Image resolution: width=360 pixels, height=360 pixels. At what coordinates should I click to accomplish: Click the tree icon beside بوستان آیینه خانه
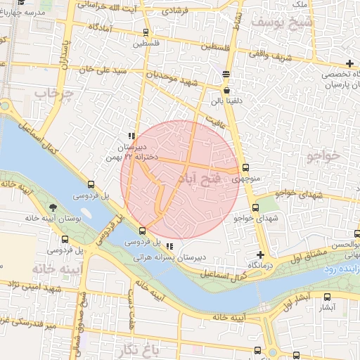point(53,207)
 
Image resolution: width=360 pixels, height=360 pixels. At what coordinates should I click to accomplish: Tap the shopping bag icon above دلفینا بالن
point(226,90)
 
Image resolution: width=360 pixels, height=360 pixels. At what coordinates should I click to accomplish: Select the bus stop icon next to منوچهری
point(245,167)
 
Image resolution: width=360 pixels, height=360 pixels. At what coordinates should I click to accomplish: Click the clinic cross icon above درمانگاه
point(261,255)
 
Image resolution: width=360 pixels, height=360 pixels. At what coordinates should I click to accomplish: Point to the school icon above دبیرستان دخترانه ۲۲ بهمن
point(131,136)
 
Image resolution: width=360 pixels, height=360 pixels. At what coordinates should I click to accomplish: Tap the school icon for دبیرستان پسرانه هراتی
point(169,245)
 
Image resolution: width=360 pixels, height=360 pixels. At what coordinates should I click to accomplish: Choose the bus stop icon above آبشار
point(327,297)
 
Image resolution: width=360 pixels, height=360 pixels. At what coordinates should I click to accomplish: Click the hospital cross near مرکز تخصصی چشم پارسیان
point(349,64)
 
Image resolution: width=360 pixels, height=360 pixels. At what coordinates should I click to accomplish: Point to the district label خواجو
point(324,155)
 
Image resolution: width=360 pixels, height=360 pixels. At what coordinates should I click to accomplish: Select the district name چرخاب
point(54,94)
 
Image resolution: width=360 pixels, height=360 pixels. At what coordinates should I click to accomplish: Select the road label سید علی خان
point(103,70)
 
